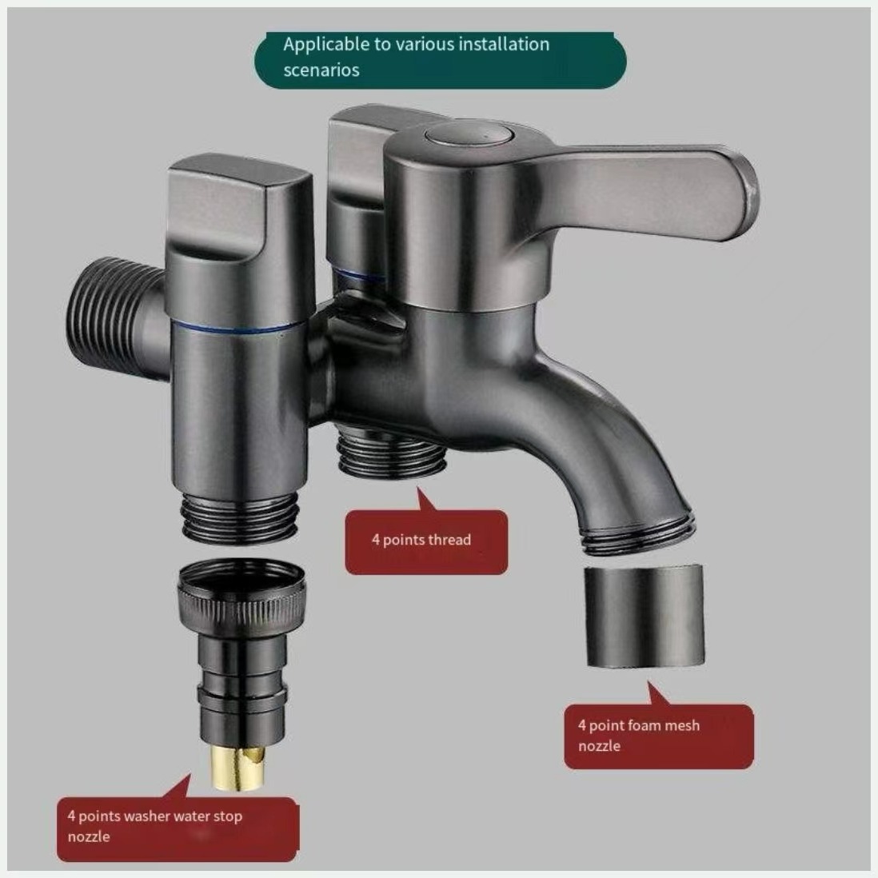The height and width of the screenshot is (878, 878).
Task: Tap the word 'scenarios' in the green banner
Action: click(321, 70)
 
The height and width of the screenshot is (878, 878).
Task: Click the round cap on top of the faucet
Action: click(468, 136)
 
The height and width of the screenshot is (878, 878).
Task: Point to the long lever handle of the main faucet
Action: click(644, 190)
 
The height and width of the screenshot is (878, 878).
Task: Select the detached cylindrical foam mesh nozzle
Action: click(645, 616)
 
